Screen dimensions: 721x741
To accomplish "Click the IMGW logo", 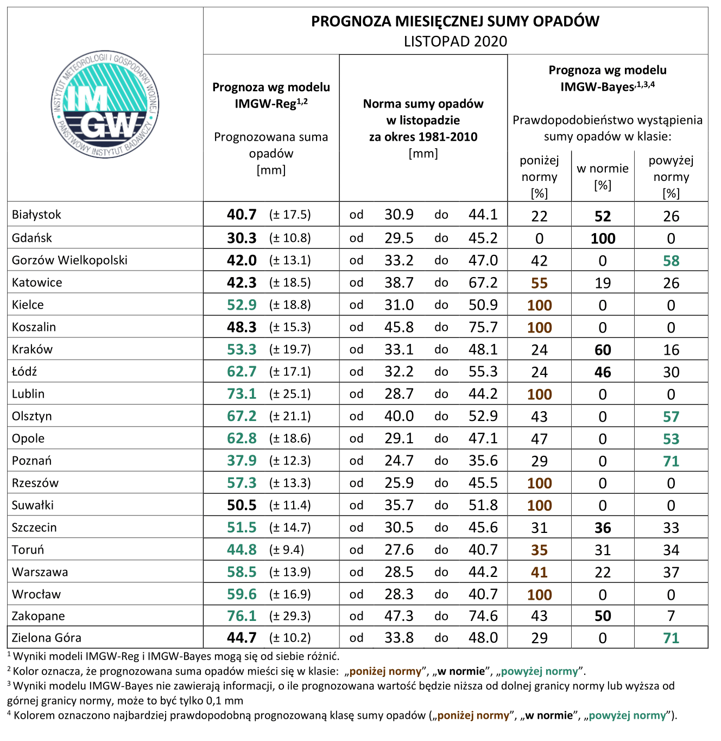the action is click(x=105, y=104).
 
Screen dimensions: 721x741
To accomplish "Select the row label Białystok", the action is click(x=36, y=215).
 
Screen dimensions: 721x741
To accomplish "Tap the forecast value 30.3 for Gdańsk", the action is click(x=242, y=238).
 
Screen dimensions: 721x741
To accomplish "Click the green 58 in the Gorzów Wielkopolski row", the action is click(x=671, y=261).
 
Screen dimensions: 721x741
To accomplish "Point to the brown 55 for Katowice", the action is click(x=539, y=283).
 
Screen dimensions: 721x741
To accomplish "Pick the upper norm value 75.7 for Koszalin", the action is click(x=483, y=327).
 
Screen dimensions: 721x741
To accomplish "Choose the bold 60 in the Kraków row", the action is click(x=603, y=350).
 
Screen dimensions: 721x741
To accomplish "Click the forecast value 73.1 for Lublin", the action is click(x=242, y=394).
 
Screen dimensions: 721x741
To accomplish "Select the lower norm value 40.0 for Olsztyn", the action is click(x=399, y=416).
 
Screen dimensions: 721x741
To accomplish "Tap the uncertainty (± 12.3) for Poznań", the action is click(x=290, y=461).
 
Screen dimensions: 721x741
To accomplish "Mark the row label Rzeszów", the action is click(x=35, y=483).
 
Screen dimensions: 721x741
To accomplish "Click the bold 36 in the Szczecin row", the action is click(x=603, y=528).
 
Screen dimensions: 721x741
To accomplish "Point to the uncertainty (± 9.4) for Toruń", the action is click(x=287, y=550).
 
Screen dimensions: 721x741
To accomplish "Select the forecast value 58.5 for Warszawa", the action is click(x=242, y=572).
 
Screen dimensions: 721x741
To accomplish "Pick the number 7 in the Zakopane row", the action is click(x=671, y=616).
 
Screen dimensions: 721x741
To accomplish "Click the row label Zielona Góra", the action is click(x=46, y=638).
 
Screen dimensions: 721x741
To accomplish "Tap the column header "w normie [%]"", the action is click(x=602, y=177).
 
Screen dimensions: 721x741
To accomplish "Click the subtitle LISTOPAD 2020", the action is click(x=456, y=41).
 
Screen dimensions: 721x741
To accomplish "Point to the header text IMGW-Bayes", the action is click(x=597, y=87).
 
